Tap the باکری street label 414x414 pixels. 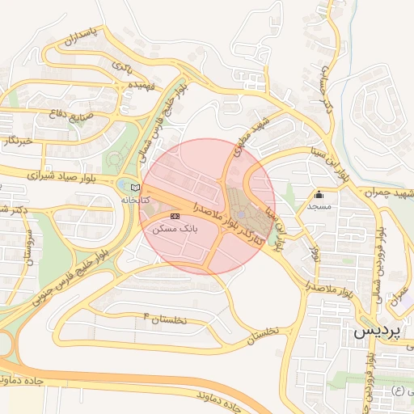(x=122, y=65)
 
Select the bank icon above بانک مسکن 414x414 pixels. (x=175, y=215)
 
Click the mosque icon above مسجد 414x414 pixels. (x=319, y=194)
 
